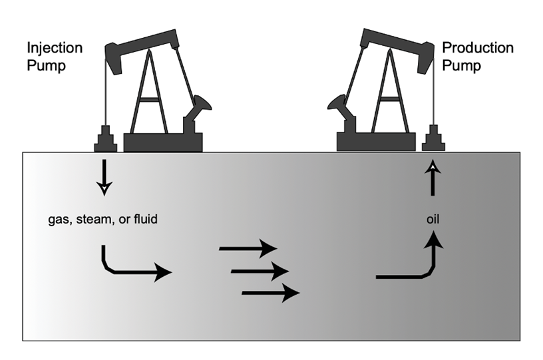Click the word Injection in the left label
(55, 49)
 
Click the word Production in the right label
(478, 49)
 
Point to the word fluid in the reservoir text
(143, 218)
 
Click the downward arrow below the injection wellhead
(104, 176)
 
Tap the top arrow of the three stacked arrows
(248, 249)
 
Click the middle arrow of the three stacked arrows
(260, 271)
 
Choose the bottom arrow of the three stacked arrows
(270, 292)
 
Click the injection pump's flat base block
(163, 142)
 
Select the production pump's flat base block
(376, 142)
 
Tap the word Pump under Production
(462, 67)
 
